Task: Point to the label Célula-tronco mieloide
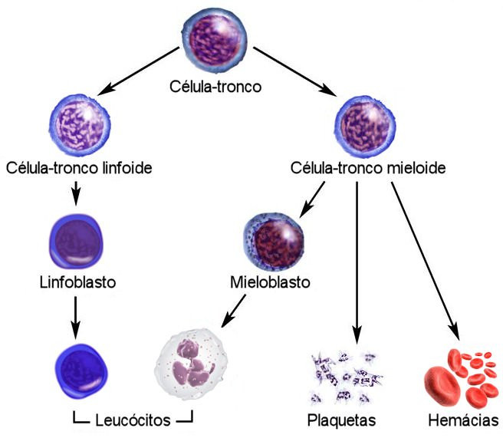(369, 166)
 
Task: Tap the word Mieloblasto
(270, 282)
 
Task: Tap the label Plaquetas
(340, 420)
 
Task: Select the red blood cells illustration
(460, 376)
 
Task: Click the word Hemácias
(463, 420)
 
